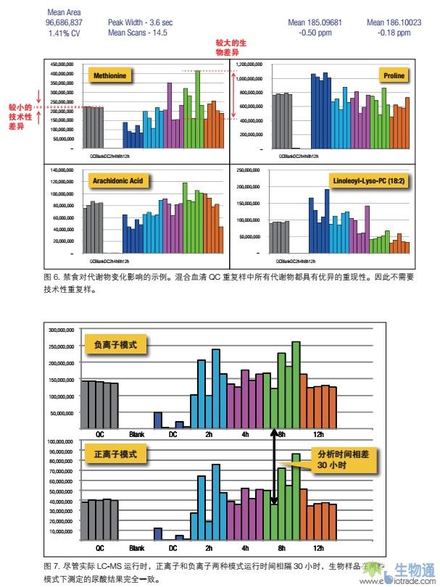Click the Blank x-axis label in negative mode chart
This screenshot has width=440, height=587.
pyautogui.click(x=136, y=435)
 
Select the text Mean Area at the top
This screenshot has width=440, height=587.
pyautogui.click(x=64, y=12)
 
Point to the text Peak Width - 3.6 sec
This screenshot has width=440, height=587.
pyautogui.click(x=140, y=22)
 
